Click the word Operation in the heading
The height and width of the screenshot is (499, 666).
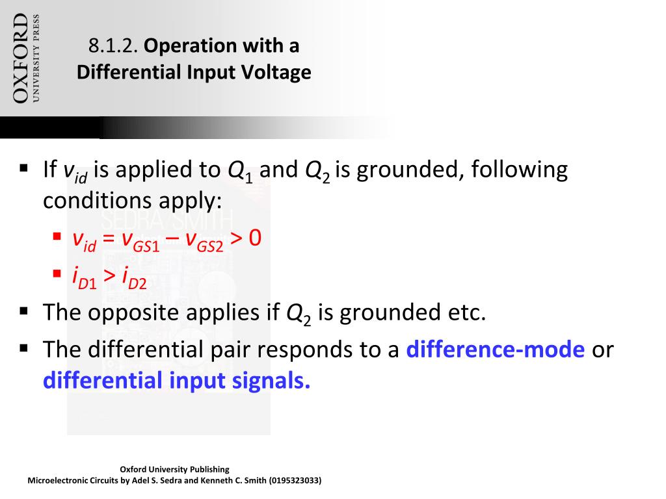(x=193, y=46)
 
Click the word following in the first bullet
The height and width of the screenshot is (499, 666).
(x=519, y=170)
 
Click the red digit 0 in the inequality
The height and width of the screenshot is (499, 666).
(x=254, y=238)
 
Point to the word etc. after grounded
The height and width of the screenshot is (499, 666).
(x=465, y=313)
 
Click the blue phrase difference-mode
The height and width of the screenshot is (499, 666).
(x=495, y=350)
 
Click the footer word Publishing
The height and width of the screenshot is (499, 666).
(x=209, y=469)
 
